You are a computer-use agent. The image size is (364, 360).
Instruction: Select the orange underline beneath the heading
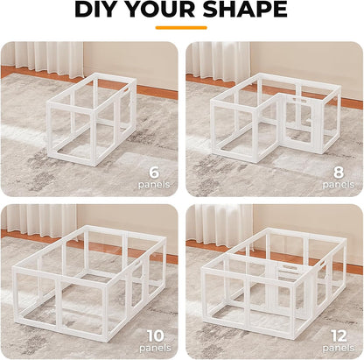(x=181, y=27)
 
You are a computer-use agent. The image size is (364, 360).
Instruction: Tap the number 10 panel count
(x=155, y=335)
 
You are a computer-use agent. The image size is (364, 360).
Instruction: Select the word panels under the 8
(x=338, y=186)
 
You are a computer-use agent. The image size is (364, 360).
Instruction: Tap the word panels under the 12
(x=338, y=349)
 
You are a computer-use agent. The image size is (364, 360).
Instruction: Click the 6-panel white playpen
(x=92, y=118)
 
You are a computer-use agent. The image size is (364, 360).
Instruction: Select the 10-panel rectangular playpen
(x=92, y=280)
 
